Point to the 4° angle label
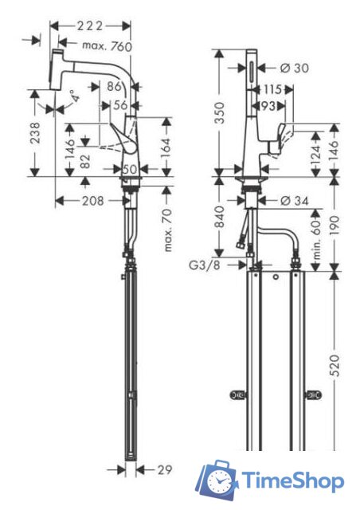click(x=73, y=97)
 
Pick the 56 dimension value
click(x=119, y=104)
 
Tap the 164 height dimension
click(x=167, y=147)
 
